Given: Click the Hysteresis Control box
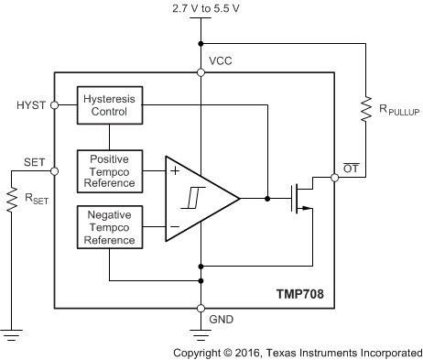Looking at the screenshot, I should pos(108,105).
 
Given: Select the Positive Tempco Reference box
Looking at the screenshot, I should pos(108,170).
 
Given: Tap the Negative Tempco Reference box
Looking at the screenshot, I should pos(108,227).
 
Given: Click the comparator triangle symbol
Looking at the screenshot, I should pos(198,198).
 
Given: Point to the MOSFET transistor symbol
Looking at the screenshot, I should pos(300,198).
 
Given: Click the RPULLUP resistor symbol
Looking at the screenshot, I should pos(365,110).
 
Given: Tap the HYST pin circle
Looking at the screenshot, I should pos(55,105).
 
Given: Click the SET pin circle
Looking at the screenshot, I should pos(55,170).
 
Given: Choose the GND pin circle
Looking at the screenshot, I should pos(200,308).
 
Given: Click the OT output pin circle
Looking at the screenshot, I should pos(334,178).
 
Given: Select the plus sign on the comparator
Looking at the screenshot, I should pos(174,169).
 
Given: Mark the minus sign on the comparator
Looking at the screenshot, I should pos(174,226).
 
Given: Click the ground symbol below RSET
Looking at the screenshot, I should pos(13,336).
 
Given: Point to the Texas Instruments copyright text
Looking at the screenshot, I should pos(298,351).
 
